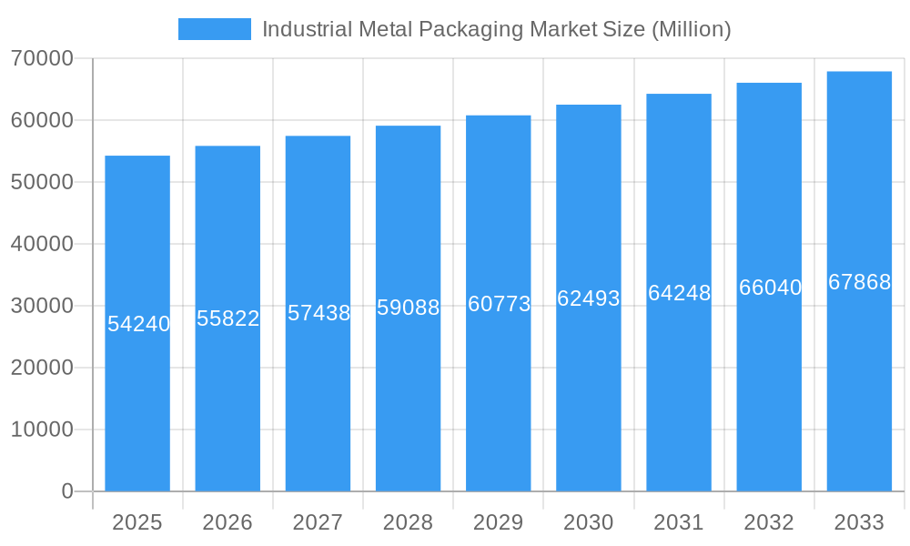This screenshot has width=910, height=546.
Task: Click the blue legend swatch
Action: (x=214, y=29)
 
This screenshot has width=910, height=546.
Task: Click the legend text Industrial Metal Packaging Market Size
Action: (x=496, y=29)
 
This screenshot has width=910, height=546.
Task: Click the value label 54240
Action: (x=138, y=324)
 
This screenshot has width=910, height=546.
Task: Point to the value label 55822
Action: (x=228, y=318)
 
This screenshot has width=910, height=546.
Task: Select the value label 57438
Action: (x=318, y=313)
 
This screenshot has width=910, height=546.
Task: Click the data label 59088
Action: (x=409, y=308)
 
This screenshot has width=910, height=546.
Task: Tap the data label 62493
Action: (x=589, y=298)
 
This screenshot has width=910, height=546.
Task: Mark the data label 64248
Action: (x=679, y=293)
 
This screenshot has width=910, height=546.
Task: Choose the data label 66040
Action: (x=770, y=288)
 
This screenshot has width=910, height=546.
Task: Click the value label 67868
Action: (x=859, y=282)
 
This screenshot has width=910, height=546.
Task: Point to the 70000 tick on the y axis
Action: (x=42, y=58)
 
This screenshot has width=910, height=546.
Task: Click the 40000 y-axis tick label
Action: (x=42, y=244)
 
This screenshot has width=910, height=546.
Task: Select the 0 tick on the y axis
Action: (x=67, y=491)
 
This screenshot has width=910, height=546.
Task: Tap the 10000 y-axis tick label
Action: (x=42, y=430)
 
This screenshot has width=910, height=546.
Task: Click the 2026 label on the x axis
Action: (x=227, y=522)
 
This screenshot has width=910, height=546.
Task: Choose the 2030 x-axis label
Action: (x=589, y=522)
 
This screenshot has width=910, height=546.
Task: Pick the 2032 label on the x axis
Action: (x=769, y=522)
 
